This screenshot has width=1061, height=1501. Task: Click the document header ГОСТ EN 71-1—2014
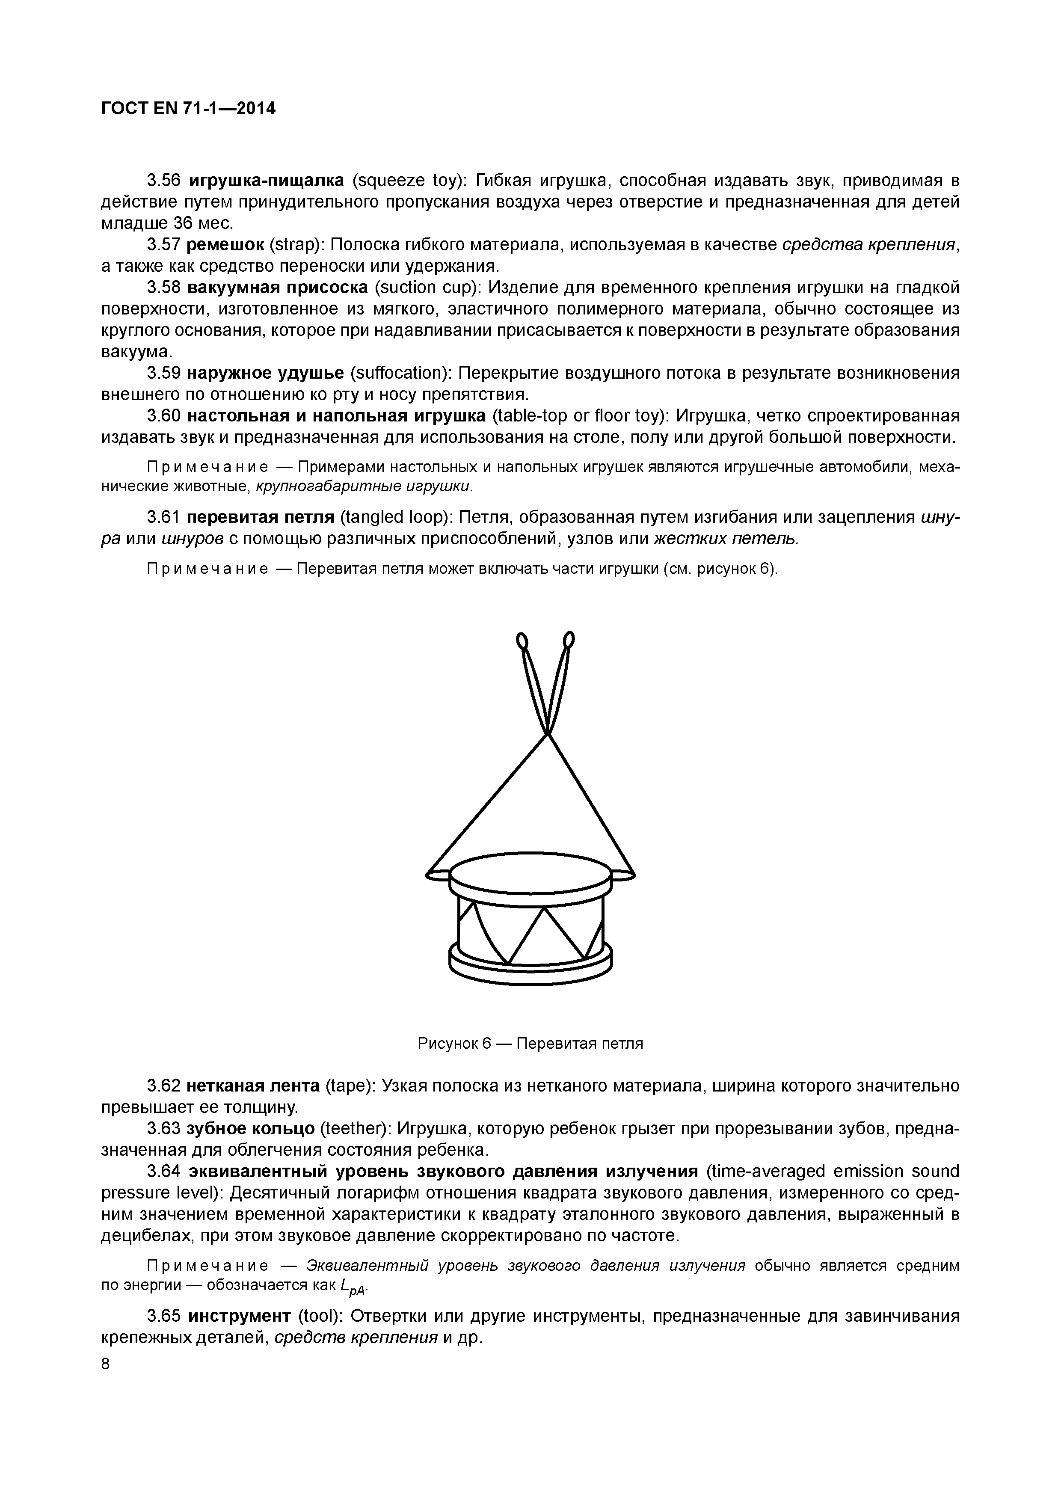[x=188, y=109]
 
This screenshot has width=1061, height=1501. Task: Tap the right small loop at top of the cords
[x=569, y=639]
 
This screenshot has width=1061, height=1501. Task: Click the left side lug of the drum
[x=438, y=875]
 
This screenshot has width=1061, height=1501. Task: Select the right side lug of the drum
[x=623, y=875]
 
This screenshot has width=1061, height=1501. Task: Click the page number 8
[x=106, y=1364]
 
